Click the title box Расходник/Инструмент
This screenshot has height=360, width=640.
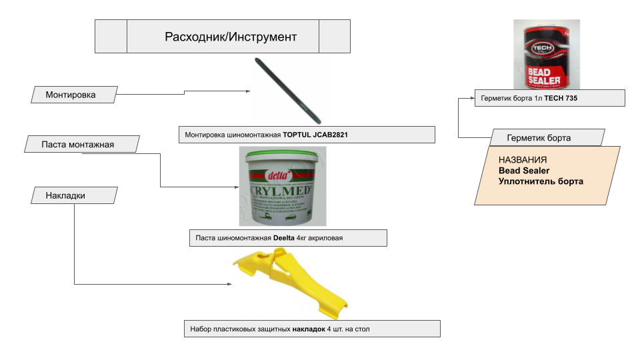(x=223, y=37)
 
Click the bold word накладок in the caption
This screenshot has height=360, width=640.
(x=312, y=329)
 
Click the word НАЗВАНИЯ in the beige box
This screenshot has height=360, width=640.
(x=523, y=161)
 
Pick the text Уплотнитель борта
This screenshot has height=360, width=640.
(x=541, y=181)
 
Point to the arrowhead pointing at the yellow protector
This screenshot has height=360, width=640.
(x=229, y=285)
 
